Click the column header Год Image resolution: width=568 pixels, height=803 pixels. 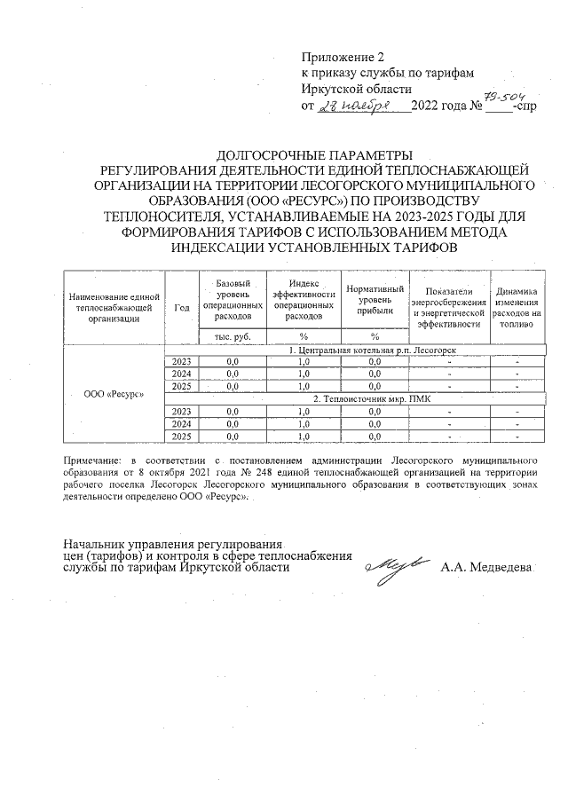point(182,307)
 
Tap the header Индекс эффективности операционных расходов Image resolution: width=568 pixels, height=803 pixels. point(304,299)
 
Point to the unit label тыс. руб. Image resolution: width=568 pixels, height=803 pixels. point(233,336)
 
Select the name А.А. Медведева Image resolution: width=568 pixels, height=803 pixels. point(485,567)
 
